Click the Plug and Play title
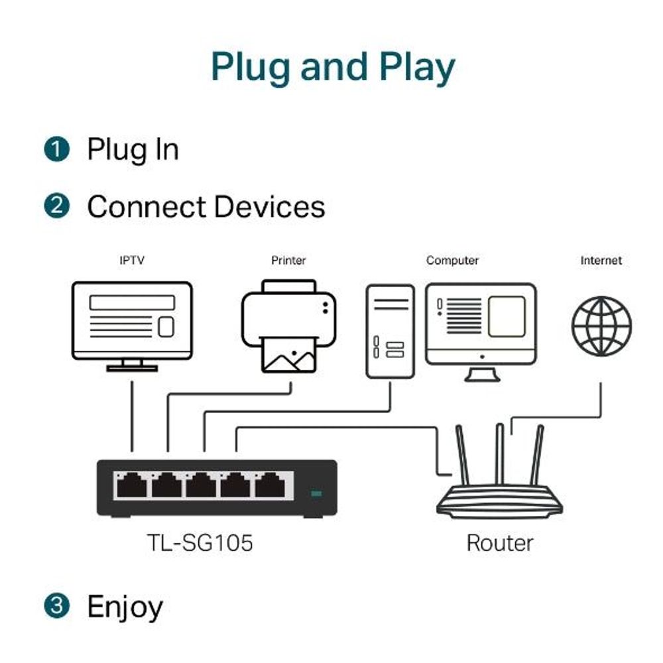pyautogui.click(x=333, y=66)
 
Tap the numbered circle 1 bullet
pyautogui.click(x=57, y=149)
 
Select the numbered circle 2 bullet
pyautogui.click(x=57, y=206)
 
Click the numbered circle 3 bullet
pyautogui.click(x=57, y=606)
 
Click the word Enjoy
pyautogui.click(x=125, y=607)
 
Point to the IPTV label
pyautogui.click(x=131, y=261)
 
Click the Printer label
pyautogui.click(x=288, y=261)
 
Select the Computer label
pyautogui.click(x=452, y=261)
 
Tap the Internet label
pyautogui.click(x=601, y=261)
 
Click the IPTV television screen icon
pyautogui.click(x=132, y=321)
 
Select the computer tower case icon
pyautogui.click(x=390, y=331)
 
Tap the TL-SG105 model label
pyautogui.click(x=200, y=544)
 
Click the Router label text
pyautogui.click(x=500, y=543)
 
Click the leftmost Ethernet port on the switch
pyautogui.click(x=131, y=486)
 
